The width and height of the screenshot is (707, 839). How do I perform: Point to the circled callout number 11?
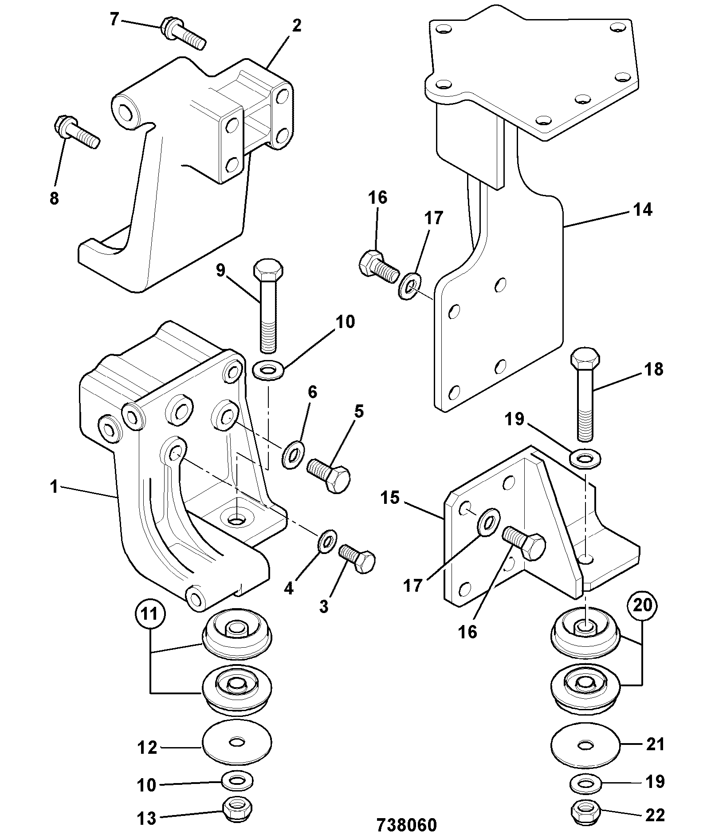pyautogui.click(x=149, y=614)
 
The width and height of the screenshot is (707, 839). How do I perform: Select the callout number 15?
pyautogui.click(x=390, y=498)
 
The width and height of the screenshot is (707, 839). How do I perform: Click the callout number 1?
pyautogui.click(x=54, y=487)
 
